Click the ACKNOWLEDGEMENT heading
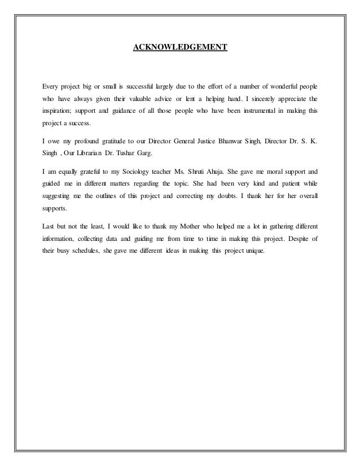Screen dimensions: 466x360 179,49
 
